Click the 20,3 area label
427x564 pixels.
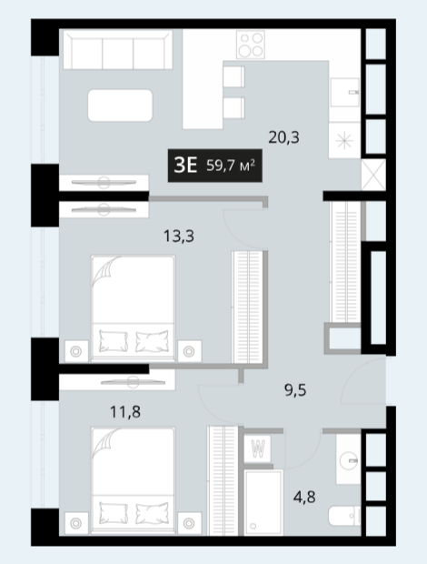pos(283,137)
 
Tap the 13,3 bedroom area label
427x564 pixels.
pos(179,237)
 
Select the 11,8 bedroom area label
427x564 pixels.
pos(125,412)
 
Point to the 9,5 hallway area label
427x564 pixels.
pos(295,390)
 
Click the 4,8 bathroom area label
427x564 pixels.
pos(304,497)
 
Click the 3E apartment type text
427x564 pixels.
pos(185,166)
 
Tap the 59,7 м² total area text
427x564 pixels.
pos(231,166)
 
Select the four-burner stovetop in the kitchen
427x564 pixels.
pos(251,45)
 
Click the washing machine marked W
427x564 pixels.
pos(257,448)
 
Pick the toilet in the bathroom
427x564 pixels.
pos(344,516)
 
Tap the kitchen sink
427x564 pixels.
pos(344,93)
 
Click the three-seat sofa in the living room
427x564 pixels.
pos(118,50)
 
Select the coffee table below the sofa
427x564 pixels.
pos(120,106)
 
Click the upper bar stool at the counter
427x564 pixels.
pos(233,76)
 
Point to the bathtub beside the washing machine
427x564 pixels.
pos(263,502)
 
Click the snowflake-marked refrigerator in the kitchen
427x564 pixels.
pos(344,140)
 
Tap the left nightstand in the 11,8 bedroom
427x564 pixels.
pos(76,523)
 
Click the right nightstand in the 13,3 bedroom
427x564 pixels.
pos(189,351)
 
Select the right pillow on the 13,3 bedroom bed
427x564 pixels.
pos(152,340)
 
